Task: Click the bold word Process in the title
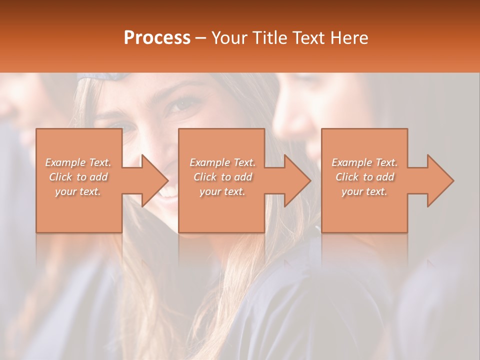pyautogui.click(x=157, y=38)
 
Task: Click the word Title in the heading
pyautogui.click(x=269, y=38)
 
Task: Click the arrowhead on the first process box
pyautogui.click(x=152, y=180)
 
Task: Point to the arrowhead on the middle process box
pyautogui.click(x=295, y=180)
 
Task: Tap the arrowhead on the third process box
pyautogui.click(x=438, y=180)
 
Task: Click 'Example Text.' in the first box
pyautogui.click(x=78, y=162)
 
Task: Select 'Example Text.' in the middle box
pyautogui.click(x=222, y=162)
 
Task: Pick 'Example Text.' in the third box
pyautogui.click(x=364, y=162)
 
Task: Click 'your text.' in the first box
pyautogui.click(x=78, y=191)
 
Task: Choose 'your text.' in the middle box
pyautogui.click(x=222, y=191)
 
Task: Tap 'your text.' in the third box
pyautogui.click(x=364, y=191)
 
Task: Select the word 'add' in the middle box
pyautogui.click(x=243, y=177)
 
